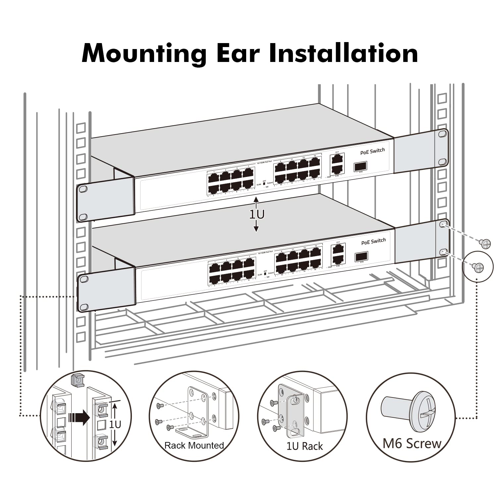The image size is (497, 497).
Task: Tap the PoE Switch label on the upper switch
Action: (x=372, y=151)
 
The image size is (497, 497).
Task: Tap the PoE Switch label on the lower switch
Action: (x=373, y=242)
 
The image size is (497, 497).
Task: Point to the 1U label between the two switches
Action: (x=257, y=215)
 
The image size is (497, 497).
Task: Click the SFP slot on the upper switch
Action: (x=361, y=166)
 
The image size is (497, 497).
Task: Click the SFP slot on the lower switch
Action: (x=361, y=256)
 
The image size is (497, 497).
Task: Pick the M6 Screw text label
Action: (x=412, y=443)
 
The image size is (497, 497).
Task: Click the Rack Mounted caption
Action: (x=194, y=445)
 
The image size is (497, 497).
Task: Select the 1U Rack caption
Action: (x=304, y=446)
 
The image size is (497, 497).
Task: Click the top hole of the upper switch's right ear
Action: (x=442, y=133)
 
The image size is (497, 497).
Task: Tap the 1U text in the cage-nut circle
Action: (x=115, y=424)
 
